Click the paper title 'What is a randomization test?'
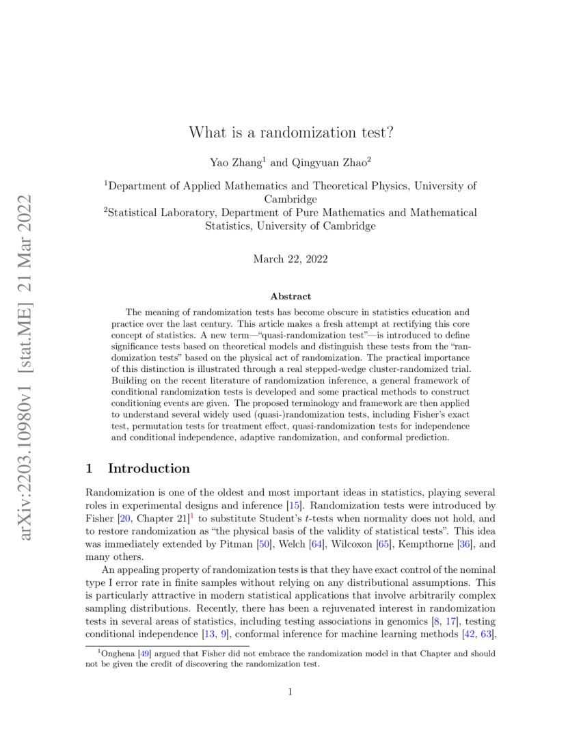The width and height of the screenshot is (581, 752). click(x=290, y=131)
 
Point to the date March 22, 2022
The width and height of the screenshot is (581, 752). click(x=290, y=259)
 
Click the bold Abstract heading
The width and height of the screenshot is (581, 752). click(x=290, y=296)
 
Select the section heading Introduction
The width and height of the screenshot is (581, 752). click(x=149, y=468)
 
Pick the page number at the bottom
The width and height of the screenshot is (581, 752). click(x=290, y=692)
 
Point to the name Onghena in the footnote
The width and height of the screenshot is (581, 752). click(x=118, y=654)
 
